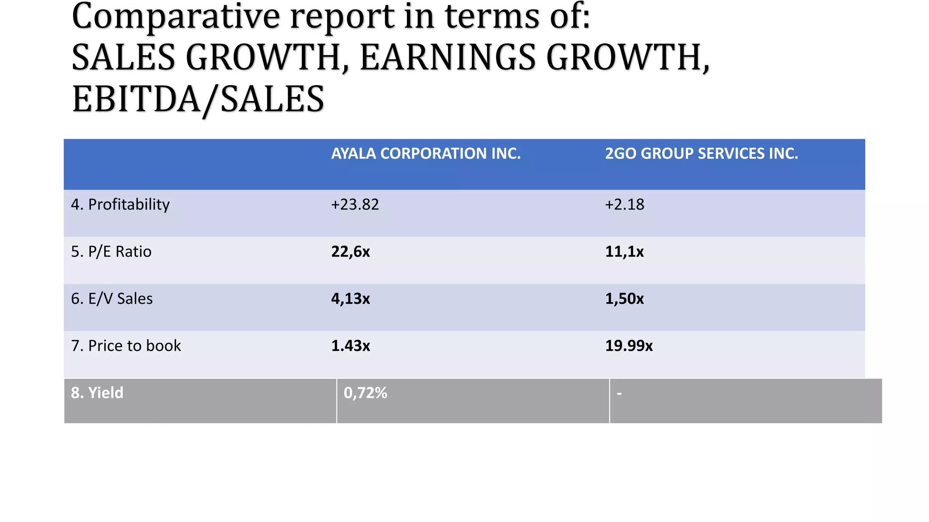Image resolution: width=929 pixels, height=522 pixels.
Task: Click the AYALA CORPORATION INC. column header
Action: click(425, 154)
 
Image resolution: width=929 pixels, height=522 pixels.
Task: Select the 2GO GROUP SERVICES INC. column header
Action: click(701, 154)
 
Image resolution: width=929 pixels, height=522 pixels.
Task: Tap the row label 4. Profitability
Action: click(120, 205)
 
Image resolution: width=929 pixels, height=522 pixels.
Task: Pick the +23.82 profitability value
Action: click(355, 205)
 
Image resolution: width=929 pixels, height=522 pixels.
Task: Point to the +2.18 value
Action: click(624, 205)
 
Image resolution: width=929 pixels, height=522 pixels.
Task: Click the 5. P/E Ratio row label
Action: click(111, 252)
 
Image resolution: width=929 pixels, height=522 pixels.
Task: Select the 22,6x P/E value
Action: click(350, 252)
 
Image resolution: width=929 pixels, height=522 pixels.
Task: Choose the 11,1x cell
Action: click(624, 252)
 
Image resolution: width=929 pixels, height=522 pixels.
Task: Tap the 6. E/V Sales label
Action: click(112, 299)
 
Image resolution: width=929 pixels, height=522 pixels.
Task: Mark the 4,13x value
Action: click(350, 299)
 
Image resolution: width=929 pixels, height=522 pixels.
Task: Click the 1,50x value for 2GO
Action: click(624, 299)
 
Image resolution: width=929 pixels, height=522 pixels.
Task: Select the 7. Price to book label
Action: click(126, 346)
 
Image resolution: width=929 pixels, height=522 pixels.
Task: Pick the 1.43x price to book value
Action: click(350, 346)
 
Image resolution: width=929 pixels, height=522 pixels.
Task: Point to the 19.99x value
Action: click(629, 346)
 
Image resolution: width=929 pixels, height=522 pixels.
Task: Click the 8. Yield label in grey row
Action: click(97, 393)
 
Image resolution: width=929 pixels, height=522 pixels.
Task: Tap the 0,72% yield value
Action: click(365, 393)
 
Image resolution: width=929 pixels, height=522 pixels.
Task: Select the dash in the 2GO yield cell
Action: click(619, 393)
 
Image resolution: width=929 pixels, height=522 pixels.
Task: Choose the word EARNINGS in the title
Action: click(448, 58)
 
